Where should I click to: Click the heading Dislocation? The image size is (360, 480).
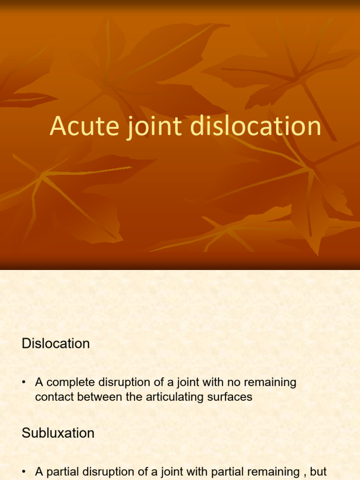click(x=55, y=344)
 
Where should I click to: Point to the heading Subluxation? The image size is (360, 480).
click(x=58, y=433)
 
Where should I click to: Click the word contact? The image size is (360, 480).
click(x=52, y=397)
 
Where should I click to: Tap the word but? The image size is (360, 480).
click(x=318, y=472)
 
